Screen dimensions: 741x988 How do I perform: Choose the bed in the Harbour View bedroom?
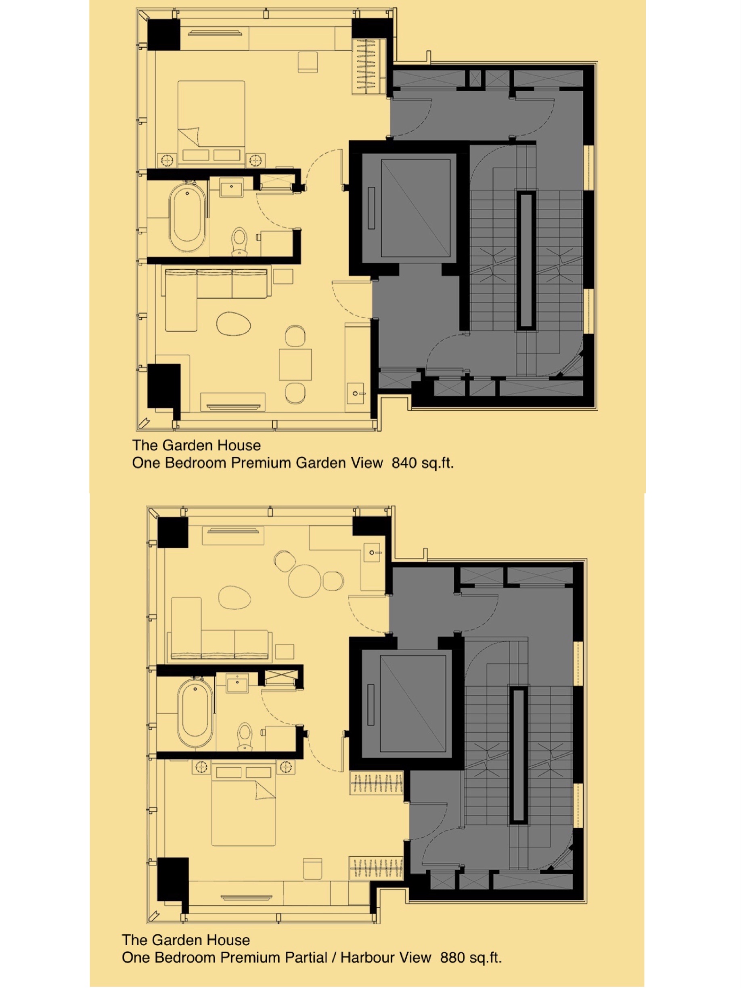(x=244, y=806)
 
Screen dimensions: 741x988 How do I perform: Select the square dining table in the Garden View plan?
(x=295, y=364)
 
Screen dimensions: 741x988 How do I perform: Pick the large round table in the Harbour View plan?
(x=304, y=581)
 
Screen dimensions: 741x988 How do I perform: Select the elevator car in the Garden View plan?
(x=415, y=208)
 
